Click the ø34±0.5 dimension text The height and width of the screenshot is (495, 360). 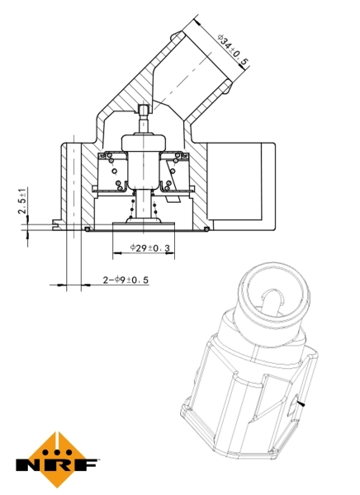233,48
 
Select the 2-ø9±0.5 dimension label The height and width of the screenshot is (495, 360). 125,280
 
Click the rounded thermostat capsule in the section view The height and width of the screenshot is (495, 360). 144,143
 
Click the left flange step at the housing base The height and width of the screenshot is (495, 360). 56,222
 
